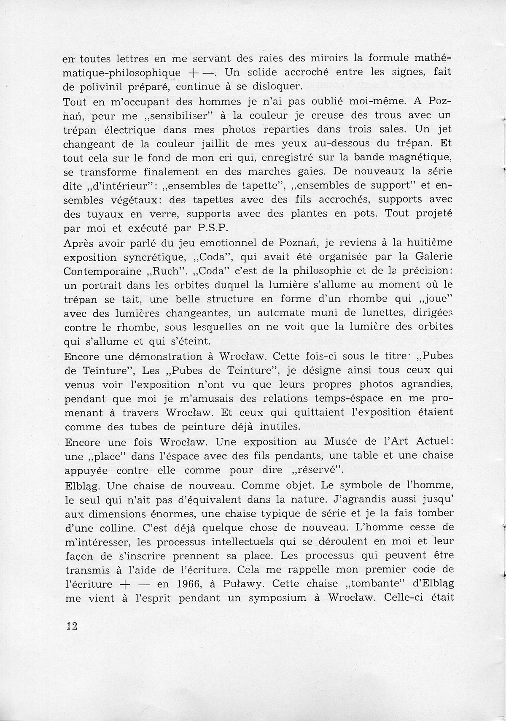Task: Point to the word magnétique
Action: (422, 157)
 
